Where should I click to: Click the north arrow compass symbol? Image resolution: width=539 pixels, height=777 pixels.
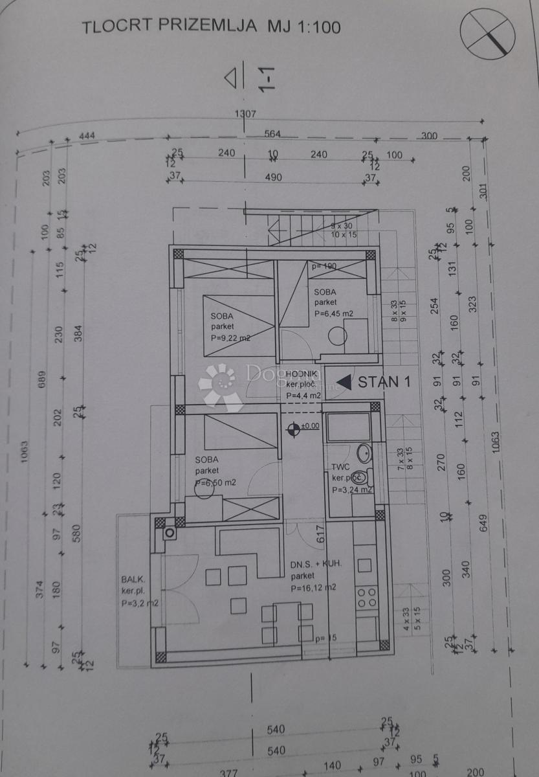point(487,34)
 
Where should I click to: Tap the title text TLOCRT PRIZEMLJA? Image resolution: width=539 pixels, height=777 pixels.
point(170,27)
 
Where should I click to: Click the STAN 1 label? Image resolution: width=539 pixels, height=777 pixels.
point(384,381)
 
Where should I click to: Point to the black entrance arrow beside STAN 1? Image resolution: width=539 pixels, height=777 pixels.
point(344,382)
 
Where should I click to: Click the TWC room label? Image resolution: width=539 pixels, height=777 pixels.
point(341,466)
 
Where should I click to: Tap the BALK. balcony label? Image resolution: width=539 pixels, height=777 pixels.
point(133,580)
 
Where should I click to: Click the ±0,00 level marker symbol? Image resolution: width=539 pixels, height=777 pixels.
point(294,426)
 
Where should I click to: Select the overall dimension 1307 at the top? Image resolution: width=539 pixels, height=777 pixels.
point(246,114)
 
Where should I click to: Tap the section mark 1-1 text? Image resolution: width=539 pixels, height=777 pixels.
point(267,78)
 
